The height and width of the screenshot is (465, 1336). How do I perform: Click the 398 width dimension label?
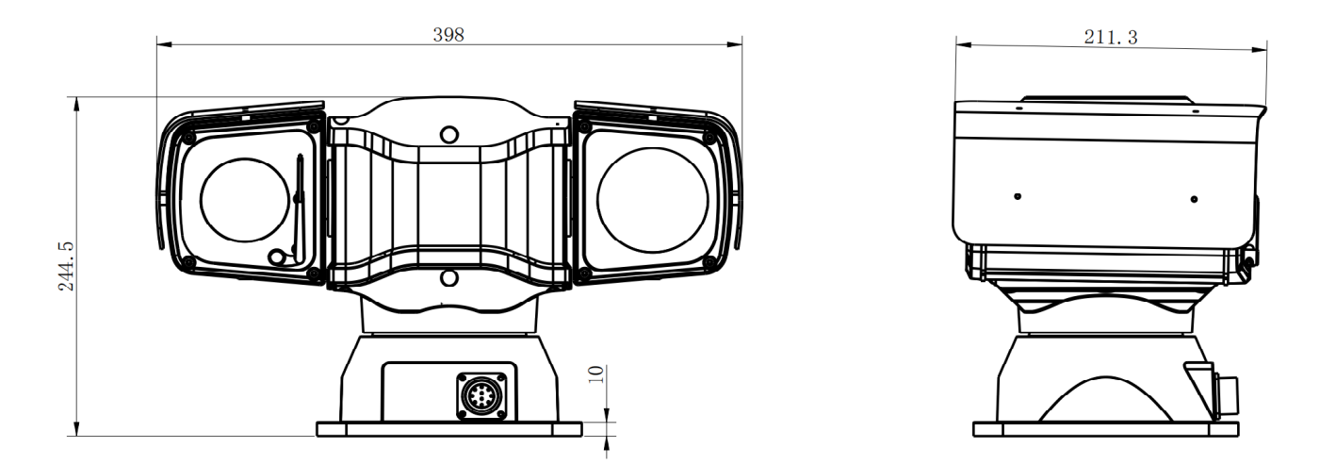pos(448,35)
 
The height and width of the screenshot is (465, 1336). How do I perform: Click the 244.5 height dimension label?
pos(66,266)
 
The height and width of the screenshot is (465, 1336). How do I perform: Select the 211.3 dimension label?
pos(1111,38)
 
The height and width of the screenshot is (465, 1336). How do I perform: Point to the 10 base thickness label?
pos(595,374)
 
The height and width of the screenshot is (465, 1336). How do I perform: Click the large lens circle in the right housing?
pos(653,200)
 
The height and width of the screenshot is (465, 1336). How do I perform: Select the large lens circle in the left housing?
pos(245,200)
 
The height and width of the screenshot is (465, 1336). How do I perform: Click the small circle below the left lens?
pos(277,257)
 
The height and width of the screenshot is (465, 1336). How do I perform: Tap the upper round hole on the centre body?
pos(449,134)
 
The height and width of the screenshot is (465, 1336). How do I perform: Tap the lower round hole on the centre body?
pos(449,277)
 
